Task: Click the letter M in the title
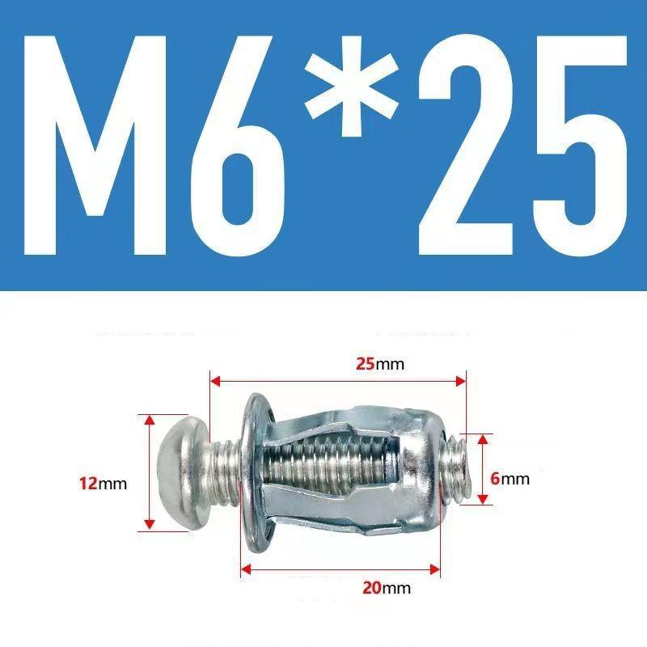tap(104, 146)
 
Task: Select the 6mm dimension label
tap(510, 479)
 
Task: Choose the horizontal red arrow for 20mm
tap(340, 571)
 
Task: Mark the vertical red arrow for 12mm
tap(150, 472)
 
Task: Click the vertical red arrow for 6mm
tap(484, 469)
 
